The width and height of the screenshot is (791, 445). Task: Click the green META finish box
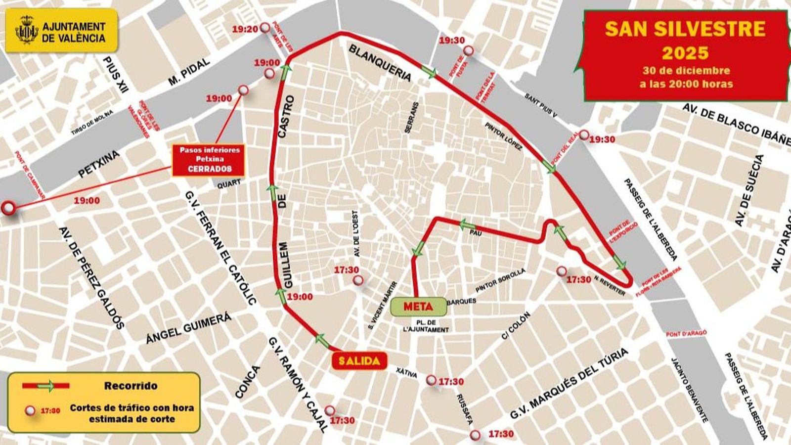tap(418, 307)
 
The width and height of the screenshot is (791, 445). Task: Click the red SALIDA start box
tap(359, 361)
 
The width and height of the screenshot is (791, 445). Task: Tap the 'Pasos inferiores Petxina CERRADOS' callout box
tap(209, 160)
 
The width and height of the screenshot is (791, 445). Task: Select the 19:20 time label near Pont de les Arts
tap(245, 30)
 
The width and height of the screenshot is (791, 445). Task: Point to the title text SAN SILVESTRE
tap(685, 29)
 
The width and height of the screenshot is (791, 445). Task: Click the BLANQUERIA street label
tap(380, 63)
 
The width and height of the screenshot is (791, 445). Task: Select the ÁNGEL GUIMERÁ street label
tap(189, 328)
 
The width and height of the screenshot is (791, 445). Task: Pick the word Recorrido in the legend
tap(131, 386)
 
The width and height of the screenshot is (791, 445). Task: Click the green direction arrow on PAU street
tap(467, 225)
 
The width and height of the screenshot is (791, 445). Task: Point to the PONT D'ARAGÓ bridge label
tap(686, 334)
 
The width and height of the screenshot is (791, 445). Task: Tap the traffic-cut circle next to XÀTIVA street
tap(432, 380)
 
